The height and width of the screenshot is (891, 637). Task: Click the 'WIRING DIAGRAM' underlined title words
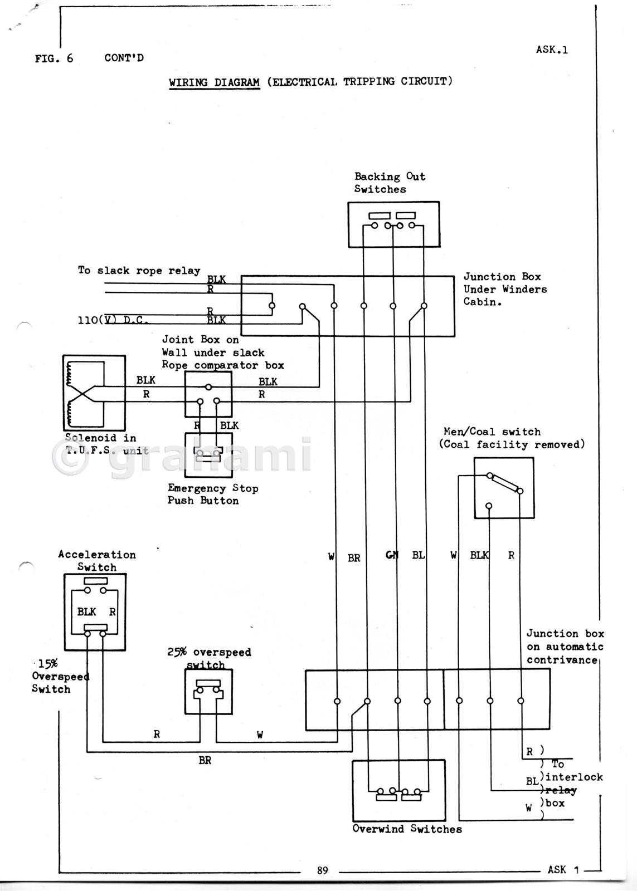point(215,82)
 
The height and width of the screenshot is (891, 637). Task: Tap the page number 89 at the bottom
point(323,870)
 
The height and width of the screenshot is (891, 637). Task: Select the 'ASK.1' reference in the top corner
point(552,50)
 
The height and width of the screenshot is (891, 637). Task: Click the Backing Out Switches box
point(393,224)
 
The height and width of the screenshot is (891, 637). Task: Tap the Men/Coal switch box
point(504,488)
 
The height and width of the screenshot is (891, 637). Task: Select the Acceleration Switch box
point(95,611)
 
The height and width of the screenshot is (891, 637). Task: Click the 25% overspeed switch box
point(208,691)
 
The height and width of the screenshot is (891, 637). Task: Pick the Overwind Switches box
point(398,789)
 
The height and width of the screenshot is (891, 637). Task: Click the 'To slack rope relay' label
point(139,271)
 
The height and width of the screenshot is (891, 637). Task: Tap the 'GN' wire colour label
point(392,555)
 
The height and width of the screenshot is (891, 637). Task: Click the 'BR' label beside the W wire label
point(354,558)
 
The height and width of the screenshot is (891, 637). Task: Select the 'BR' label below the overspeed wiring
point(205,761)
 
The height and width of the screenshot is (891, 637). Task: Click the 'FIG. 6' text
point(54,58)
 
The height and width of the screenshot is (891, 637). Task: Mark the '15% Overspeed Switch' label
point(58,676)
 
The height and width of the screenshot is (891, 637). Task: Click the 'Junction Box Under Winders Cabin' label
point(505,290)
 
